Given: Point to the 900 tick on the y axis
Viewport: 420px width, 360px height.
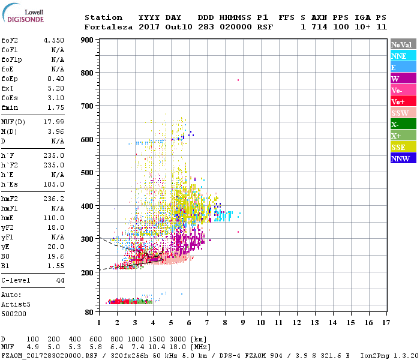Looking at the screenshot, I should pos(87,40).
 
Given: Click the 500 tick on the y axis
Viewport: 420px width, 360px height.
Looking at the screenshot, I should pos(87,173).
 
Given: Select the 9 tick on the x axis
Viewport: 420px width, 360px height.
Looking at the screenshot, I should pos(243,322).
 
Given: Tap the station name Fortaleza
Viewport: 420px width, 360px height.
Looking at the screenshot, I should pos(107,27).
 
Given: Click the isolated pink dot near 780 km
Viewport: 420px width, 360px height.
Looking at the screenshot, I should pos(238,80).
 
